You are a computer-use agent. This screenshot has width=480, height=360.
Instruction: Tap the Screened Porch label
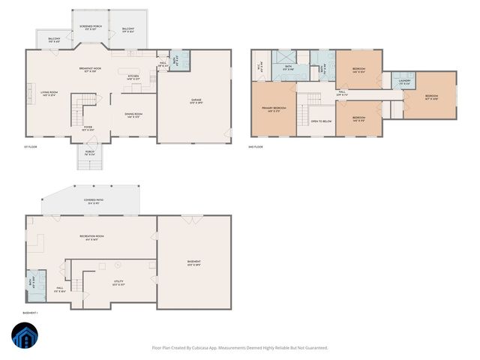[91, 27]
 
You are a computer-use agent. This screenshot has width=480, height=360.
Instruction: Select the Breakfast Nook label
[90, 70]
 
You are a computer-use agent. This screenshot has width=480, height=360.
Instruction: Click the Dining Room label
[134, 115]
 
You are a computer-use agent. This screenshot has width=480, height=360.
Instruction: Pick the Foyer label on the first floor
[88, 128]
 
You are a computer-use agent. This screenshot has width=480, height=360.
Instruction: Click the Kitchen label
[133, 76]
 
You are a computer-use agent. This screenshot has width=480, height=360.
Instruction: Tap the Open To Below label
[321, 120]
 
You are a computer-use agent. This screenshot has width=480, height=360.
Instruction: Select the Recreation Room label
[91, 237]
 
